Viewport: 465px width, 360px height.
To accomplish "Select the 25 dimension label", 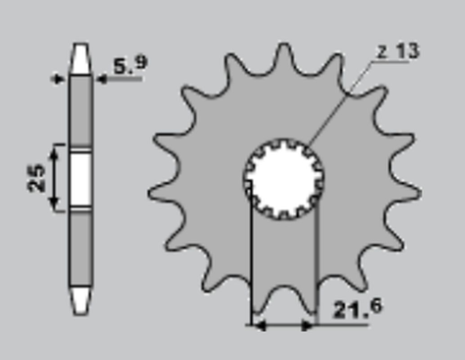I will (37, 178).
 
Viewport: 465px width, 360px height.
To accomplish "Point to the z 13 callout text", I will (399, 51).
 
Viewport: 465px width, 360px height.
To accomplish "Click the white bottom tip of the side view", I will (81, 300).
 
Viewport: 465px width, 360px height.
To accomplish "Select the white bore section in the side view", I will (81, 178).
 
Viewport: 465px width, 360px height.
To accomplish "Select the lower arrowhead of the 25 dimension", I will (57, 205).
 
